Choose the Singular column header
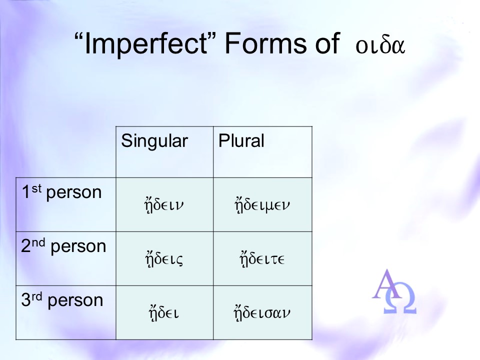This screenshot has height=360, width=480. tap(154, 141)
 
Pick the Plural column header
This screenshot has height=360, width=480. tap(241, 141)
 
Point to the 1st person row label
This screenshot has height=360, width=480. tap(61, 192)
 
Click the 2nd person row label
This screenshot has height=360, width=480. tap(63, 246)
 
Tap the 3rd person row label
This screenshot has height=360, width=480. tap(62, 300)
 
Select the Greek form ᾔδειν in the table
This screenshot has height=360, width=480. tap(164, 205)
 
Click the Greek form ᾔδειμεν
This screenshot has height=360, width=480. tap(262, 205)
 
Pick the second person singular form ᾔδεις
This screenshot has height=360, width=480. tap(164, 259)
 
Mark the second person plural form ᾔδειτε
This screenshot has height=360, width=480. tap(262, 259)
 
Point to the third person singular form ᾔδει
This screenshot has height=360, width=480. tap(164, 313)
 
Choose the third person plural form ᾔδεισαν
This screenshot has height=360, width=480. tap(262, 313)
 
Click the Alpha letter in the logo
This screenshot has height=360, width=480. tap(387, 284)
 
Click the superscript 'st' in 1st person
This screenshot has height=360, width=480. tap(36, 188)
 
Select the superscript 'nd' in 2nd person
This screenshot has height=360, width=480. tap(38, 243)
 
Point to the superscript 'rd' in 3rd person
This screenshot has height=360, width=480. tap(36, 296)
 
